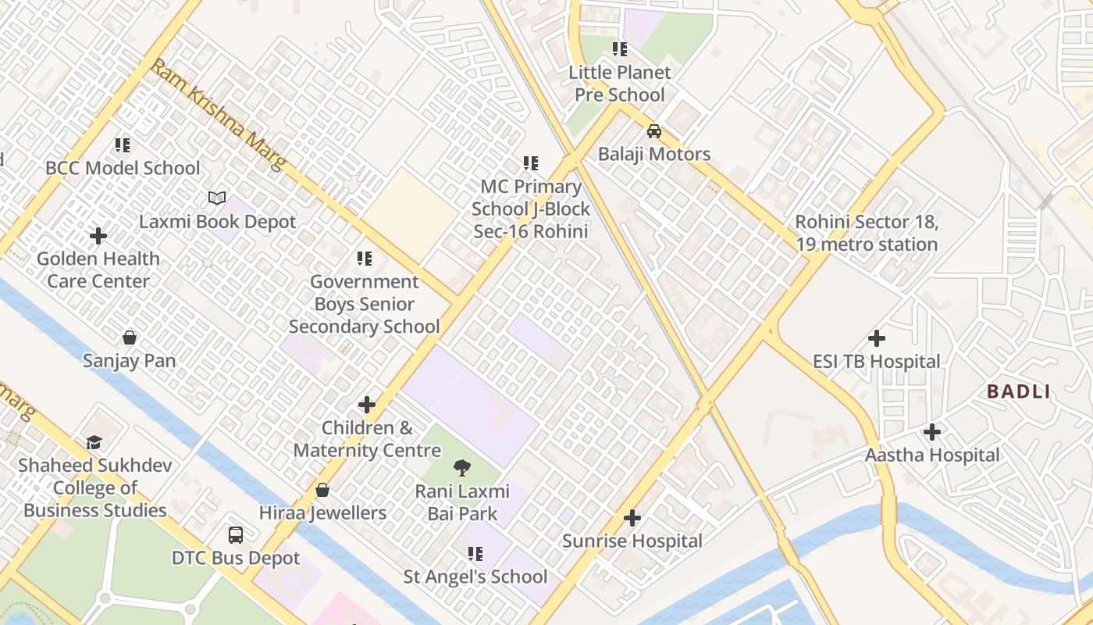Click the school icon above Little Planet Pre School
pyautogui.click(x=620, y=49)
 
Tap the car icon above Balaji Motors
pyautogui.click(x=654, y=131)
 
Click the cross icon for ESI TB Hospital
pyautogui.click(x=877, y=338)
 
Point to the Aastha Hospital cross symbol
pyautogui.click(x=931, y=432)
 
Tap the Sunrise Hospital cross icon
pyautogui.click(x=632, y=518)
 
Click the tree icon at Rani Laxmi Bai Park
pyautogui.click(x=462, y=468)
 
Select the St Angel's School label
pyautogui.click(x=475, y=577)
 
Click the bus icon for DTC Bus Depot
pyautogui.click(x=236, y=535)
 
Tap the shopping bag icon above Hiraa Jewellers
pyautogui.click(x=322, y=490)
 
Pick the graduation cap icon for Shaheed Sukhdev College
pyautogui.click(x=94, y=442)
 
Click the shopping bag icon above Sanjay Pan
pyautogui.click(x=130, y=337)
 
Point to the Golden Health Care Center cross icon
pyautogui.click(x=98, y=235)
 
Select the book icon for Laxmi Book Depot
pyautogui.click(x=217, y=198)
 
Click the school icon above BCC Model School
pyautogui.click(x=123, y=145)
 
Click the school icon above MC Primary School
pyautogui.click(x=531, y=163)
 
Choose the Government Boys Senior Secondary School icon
pyautogui.click(x=365, y=258)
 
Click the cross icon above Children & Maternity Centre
pyautogui.click(x=367, y=405)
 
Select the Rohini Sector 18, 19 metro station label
pyautogui.click(x=866, y=233)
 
